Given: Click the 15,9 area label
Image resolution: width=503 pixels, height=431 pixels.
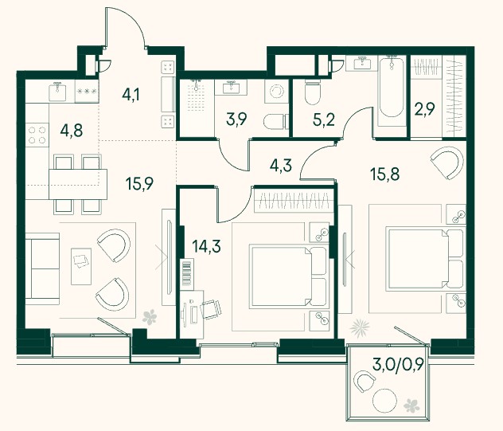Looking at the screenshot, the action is [x=139, y=183].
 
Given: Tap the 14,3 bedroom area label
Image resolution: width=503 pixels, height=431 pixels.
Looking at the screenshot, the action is [x=206, y=246].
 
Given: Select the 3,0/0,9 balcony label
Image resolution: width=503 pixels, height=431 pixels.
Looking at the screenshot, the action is [x=398, y=364].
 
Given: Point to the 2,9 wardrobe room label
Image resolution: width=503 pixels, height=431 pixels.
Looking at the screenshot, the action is [x=425, y=109].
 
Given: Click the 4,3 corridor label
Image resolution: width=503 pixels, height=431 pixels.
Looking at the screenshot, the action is [x=281, y=166].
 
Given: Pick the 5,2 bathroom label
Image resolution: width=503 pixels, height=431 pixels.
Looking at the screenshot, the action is [x=324, y=120].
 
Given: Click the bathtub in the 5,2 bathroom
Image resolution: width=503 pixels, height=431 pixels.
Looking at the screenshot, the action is [x=391, y=91].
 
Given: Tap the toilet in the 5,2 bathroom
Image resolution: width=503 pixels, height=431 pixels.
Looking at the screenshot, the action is [x=313, y=91].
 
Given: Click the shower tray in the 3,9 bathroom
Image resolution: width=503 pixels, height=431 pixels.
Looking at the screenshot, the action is [x=197, y=96].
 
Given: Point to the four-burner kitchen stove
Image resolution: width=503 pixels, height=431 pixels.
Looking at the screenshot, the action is [x=37, y=135].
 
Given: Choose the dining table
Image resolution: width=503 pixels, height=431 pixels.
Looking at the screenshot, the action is [x=78, y=184].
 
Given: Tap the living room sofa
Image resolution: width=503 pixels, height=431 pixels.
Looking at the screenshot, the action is [x=42, y=269].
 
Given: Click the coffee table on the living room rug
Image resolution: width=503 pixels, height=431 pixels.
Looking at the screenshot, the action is [x=81, y=266].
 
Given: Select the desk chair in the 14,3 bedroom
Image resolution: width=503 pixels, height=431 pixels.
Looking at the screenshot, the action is [x=211, y=309].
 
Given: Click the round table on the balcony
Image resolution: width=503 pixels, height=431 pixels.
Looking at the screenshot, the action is [x=384, y=401].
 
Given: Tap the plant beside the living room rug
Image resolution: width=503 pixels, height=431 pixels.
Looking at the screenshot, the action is [x=150, y=316].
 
